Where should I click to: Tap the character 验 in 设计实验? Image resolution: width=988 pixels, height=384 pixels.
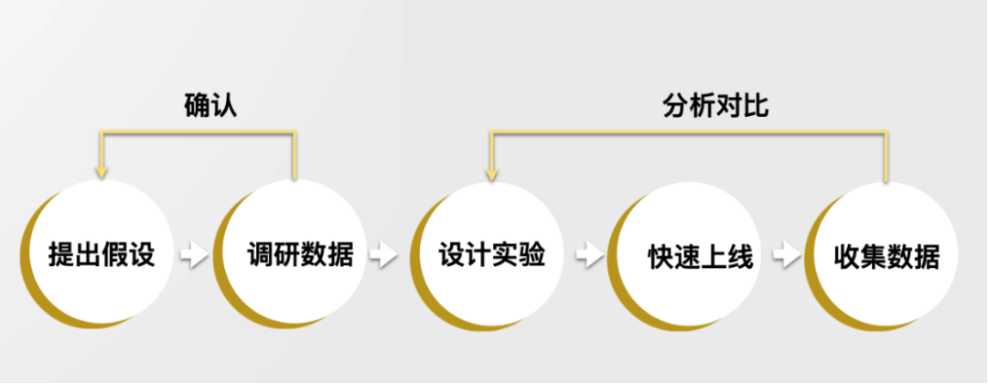point(532,255)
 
